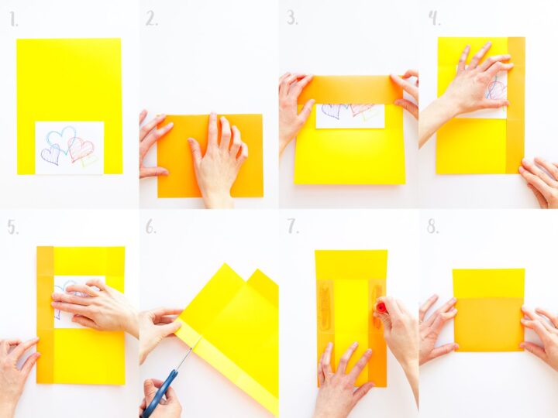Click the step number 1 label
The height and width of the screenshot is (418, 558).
coord(13,19)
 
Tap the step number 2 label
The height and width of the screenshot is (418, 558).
coord(151,19)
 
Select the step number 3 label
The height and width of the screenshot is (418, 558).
coord(291,19)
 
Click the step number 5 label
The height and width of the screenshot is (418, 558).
coord(12,228)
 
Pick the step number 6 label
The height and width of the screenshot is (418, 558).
coord(151,228)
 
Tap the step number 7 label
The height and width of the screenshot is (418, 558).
coord(292,228)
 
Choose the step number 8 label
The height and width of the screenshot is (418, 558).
coord(432,228)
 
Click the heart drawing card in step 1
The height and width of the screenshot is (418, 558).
coord(69,147)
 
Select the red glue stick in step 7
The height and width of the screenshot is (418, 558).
coord(381,307)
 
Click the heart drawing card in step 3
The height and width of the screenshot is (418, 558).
coord(350,115)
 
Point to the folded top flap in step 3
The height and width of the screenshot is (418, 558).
coord(350,89)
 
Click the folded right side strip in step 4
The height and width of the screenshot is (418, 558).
coord(515,104)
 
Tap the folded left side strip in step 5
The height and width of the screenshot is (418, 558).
coord(45,313)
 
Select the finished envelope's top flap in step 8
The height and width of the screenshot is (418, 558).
coord(488,283)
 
